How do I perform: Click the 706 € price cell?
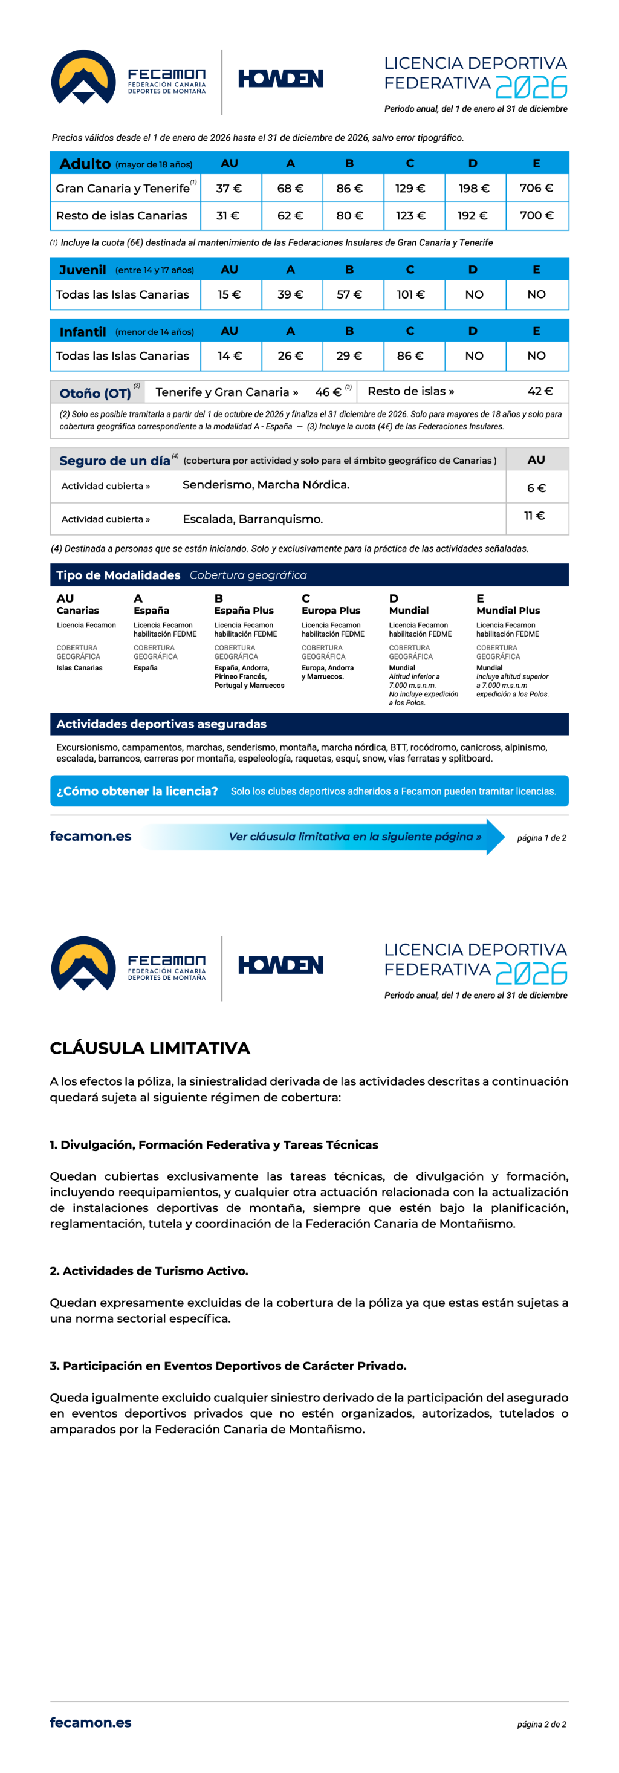[536, 188]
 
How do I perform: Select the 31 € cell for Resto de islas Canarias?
[228, 215]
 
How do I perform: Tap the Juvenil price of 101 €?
[410, 294]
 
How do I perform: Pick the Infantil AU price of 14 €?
[228, 356]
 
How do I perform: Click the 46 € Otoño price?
[328, 392]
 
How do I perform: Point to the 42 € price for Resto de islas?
[540, 391]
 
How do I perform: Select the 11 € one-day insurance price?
[534, 516]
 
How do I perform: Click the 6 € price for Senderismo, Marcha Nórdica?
[536, 488]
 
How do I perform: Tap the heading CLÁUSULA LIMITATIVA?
[149, 1048]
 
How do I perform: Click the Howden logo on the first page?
[281, 79]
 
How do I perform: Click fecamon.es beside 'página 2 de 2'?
[90, 1723]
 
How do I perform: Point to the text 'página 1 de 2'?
[541, 838]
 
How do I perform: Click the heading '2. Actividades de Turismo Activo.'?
[149, 1271]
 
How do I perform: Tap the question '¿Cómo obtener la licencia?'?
[137, 791]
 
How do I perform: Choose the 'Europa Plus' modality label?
[331, 611]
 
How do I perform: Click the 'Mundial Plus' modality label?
[508, 611]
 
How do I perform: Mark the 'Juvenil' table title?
[83, 270]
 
